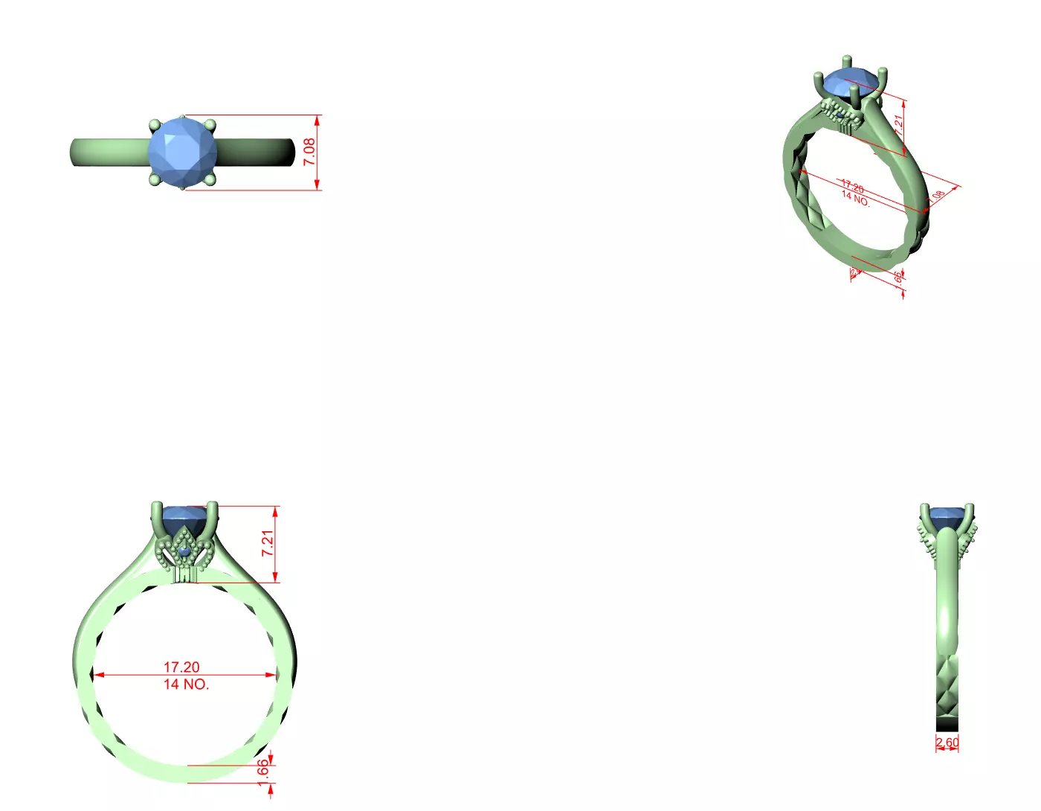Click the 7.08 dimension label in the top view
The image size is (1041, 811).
click(x=309, y=152)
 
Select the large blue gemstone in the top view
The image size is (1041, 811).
click(x=182, y=153)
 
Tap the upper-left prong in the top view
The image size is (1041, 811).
click(x=155, y=125)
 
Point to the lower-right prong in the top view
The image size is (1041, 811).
click(x=210, y=179)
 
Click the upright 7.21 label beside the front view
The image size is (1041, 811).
click(x=268, y=543)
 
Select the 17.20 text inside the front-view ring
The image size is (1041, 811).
click(x=181, y=667)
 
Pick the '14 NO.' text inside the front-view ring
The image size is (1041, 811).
click(x=186, y=685)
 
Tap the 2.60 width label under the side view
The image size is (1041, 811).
click(x=947, y=743)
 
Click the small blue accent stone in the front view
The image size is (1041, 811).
click(x=185, y=551)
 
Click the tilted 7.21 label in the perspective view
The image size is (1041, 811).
click(x=899, y=124)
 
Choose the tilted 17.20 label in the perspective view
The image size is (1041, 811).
click(x=852, y=186)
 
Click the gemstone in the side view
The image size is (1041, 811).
click(x=947, y=515)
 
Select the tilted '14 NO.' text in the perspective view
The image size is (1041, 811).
click(x=855, y=199)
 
